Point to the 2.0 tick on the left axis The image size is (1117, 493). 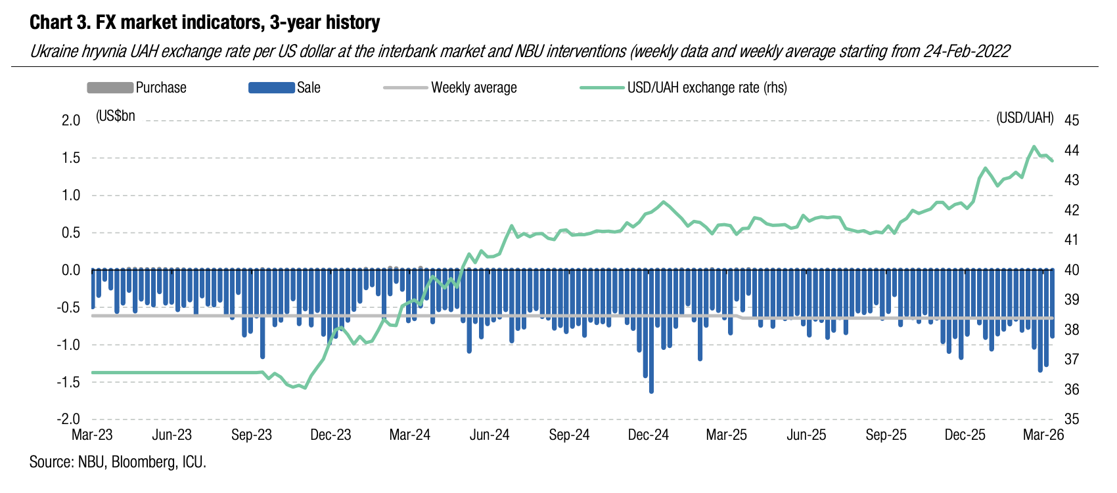click(x=71, y=120)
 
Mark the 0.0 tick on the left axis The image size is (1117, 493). click(x=71, y=270)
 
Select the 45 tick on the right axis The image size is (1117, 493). click(x=1072, y=120)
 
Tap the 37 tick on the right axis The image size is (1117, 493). click(x=1072, y=359)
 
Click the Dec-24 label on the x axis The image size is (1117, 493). click(x=648, y=435)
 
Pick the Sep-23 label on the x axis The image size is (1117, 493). click(x=252, y=435)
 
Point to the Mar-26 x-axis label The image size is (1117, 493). click(x=1044, y=435)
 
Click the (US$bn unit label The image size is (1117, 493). click(x=116, y=116)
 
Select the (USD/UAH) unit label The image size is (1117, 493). click(x=1025, y=118)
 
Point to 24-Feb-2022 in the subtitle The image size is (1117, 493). click(x=967, y=51)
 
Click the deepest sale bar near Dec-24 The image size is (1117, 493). click(x=651, y=391)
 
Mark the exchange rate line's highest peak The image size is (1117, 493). click(x=1034, y=146)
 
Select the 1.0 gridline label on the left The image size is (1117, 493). click(x=71, y=196)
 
